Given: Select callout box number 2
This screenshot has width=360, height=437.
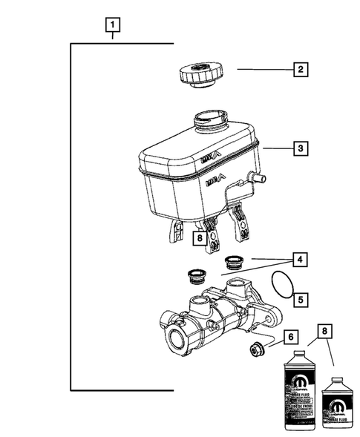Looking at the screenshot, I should [299, 70].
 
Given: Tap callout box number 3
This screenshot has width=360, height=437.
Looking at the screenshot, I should [299, 149].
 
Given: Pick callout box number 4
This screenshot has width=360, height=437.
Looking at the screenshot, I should [299, 260].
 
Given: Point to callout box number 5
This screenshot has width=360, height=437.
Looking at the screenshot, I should [299, 300].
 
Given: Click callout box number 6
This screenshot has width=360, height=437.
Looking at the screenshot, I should [292, 337].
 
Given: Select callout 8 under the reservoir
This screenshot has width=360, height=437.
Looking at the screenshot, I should [198, 238].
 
